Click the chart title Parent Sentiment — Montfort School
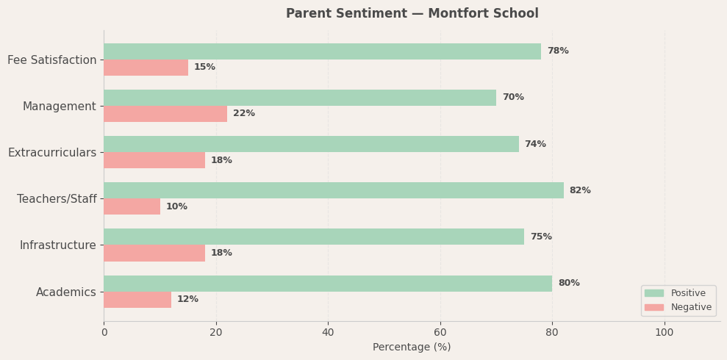point(412,14)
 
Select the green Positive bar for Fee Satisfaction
point(322,51)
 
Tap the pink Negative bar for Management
point(165,114)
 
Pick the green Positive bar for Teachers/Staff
point(334,190)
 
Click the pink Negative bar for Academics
point(137,300)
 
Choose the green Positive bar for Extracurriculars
point(311,144)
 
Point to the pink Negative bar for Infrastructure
point(154,253)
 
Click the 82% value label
point(580,191)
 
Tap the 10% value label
point(176,207)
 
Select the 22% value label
point(244,114)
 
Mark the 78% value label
point(558,51)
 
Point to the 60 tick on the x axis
point(440,333)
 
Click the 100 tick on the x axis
point(665,333)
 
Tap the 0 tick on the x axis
point(104,333)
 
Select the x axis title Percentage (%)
point(412,348)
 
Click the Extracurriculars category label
point(52,153)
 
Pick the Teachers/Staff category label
point(57,199)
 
